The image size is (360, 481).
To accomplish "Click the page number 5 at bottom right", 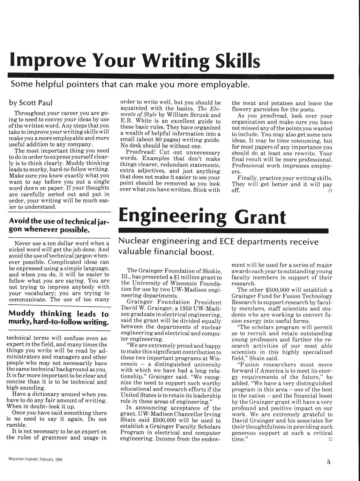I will pos(329,462).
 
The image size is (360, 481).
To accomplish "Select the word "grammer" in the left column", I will pos(56,438).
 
